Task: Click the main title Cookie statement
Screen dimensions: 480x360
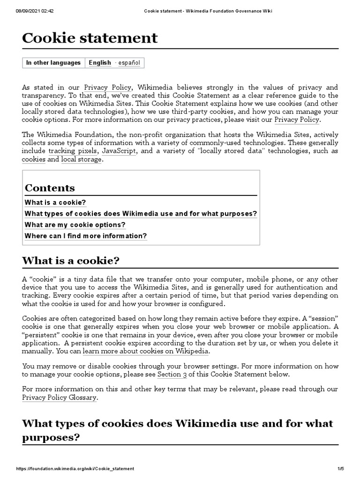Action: click(x=90, y=38)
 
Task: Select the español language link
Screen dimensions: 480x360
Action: click(x=129, y=63)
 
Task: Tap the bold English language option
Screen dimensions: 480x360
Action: click(x=100, y=63)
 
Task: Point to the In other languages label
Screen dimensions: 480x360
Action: click(x=53, y=63)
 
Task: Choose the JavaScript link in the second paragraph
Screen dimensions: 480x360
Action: click(x=119, y=151)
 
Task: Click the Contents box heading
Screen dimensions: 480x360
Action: click(x=50, y=188)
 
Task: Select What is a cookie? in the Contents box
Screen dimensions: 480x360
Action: click(x=55, y=202)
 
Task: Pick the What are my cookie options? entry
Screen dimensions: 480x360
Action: click(x=75, y=225)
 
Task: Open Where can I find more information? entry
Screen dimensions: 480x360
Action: click(x=86, y=236)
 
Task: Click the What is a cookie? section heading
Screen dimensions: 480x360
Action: click(x=71, y=261)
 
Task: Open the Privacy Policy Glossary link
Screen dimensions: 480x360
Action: click(x=60, y=397)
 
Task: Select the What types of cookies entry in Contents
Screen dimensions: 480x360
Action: click(x=141, y=214)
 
